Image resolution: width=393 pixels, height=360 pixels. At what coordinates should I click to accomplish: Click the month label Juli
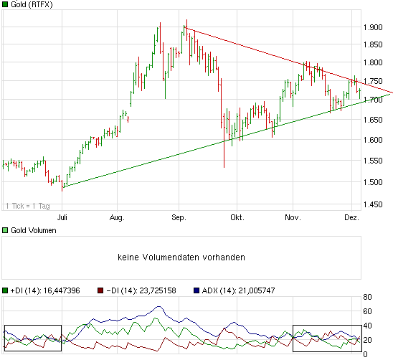click(63, 216)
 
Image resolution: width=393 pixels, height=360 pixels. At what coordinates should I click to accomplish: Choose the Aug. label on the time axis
click(118, 216)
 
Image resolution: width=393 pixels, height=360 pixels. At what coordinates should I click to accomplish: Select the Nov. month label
click(291, 216)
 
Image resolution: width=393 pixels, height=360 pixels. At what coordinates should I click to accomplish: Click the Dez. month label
click(351, 216)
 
